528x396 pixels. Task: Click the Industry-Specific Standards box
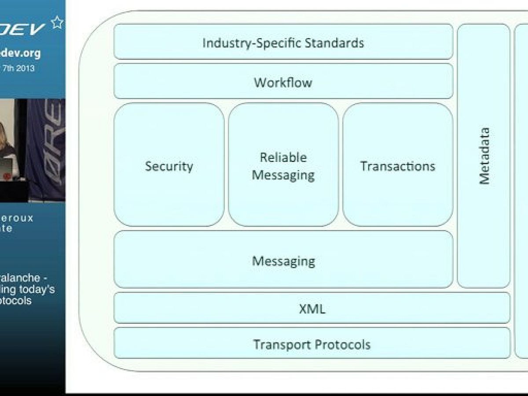point(283,42)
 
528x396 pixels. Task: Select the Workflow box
point(283,82)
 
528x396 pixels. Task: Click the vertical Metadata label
point(484,156)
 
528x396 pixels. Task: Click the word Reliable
point(283,157)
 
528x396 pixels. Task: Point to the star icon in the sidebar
point(57,22)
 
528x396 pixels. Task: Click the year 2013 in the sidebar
point(26,68)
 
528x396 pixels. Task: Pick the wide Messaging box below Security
point(283,260)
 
